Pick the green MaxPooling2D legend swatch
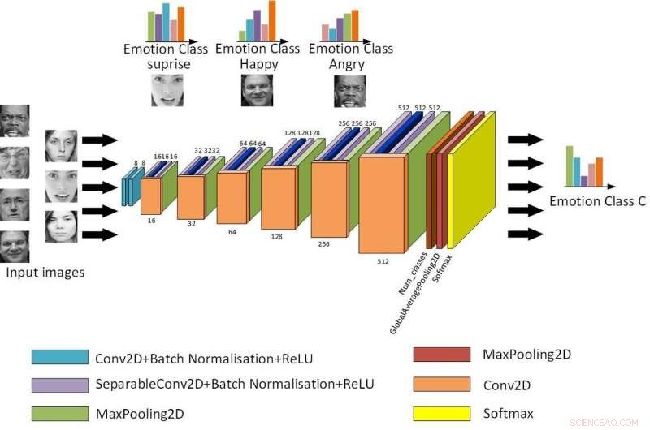click(60, 414)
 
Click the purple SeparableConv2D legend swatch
click(60, 384)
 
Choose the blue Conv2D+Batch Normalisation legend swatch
click(60, 358)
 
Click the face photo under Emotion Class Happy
click(257, 90)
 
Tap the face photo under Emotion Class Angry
click(350, 90)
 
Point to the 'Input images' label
click(45, 273)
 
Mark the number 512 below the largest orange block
click(383, 262)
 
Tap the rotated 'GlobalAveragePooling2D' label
click(415, 294)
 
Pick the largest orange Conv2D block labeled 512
click(383, 204)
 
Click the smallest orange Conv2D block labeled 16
click(151, 196)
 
